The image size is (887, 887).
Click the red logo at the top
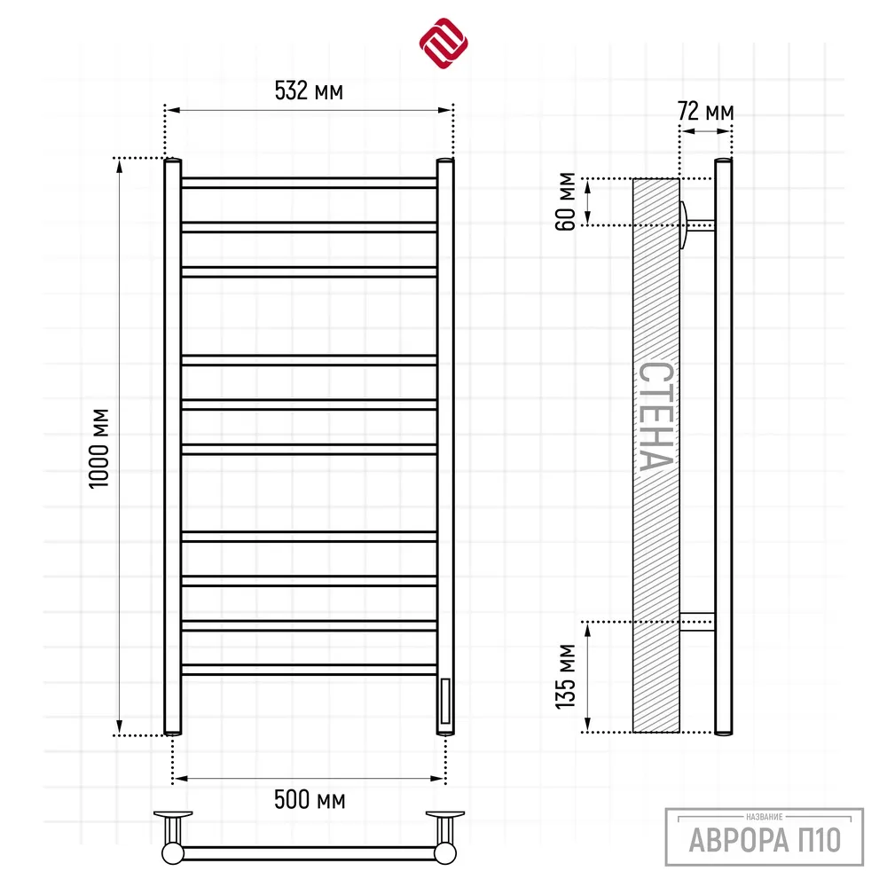(443, 43)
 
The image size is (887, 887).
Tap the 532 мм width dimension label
(309, 90)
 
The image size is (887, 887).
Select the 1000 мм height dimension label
(99, 448)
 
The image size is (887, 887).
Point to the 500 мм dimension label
(310, 800)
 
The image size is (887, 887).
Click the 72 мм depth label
(705, 111)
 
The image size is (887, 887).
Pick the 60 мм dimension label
(565, 201)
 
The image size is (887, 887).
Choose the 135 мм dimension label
(565, 677)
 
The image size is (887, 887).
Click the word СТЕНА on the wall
(656, 416)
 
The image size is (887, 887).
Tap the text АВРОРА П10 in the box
(765, 839)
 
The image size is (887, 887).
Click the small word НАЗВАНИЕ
(765, 817)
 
